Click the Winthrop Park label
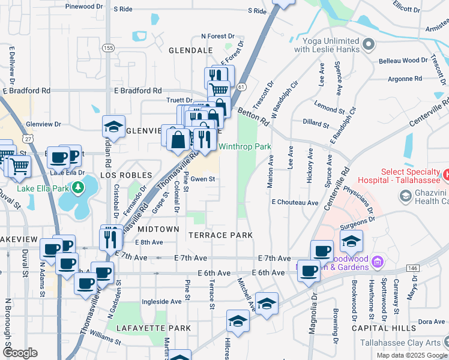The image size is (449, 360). (x=244, y=146)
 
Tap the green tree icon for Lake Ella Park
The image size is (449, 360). (x=77, y=188)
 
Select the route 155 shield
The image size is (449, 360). (x=108, y=47)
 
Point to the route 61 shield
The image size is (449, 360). (x=241, y=87)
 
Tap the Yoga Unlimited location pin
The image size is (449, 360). (x=369, y=44)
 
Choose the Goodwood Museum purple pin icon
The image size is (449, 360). (x=377, y=261)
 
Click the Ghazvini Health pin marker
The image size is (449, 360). (x=405, y=196)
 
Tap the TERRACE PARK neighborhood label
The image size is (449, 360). (x=221, y=235)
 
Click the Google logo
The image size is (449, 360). (x=20, y=352)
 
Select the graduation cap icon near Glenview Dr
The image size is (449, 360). (x=113, y=127)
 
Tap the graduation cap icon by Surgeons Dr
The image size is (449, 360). (x=351, y=241)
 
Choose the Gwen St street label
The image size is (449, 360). (x=203, y=179)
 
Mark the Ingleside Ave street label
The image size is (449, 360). (x=161, y=302)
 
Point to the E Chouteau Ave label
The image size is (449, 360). (x=295, y=203)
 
